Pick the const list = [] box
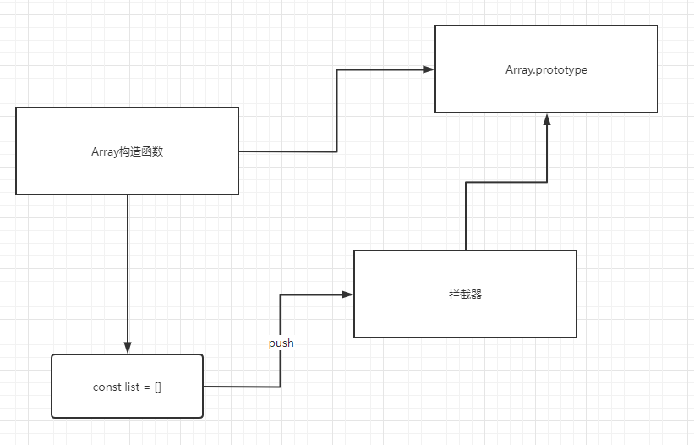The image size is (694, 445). pos(127,402)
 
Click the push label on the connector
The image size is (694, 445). pos(281,343)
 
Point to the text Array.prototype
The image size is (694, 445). pos(546,69)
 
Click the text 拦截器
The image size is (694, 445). pos(465,294)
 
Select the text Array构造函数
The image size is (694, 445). pos(127,151)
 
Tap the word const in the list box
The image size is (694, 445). pos(106,387)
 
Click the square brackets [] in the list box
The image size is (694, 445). pos(157,387)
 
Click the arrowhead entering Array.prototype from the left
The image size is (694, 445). pos(429,69)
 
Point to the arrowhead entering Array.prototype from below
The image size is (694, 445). pos(547,119)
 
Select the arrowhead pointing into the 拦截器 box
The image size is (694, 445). pos(347,294)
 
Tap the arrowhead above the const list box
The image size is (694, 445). pos(128,348)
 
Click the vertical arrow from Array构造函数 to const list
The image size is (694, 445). pos(128,271)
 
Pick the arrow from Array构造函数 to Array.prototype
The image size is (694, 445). pos(337,110)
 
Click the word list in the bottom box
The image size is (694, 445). pos(131,387)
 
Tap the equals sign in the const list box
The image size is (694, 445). pos(146,387)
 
